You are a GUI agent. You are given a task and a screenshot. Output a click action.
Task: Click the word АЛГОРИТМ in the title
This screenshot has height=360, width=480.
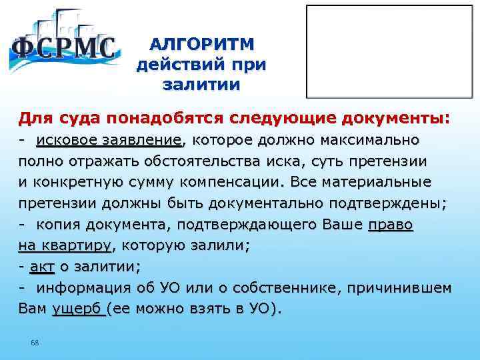coord(201,45)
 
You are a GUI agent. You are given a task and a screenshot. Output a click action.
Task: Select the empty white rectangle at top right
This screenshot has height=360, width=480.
coord(387,52)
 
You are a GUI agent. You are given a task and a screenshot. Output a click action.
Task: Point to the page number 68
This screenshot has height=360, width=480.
coord(35,343)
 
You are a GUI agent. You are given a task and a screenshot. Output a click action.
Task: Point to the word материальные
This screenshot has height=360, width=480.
coord(375,182)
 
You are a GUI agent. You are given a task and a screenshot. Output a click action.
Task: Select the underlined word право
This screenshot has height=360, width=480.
coord(391,225)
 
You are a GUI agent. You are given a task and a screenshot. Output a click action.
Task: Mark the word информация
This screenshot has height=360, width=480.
coord(81,288)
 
